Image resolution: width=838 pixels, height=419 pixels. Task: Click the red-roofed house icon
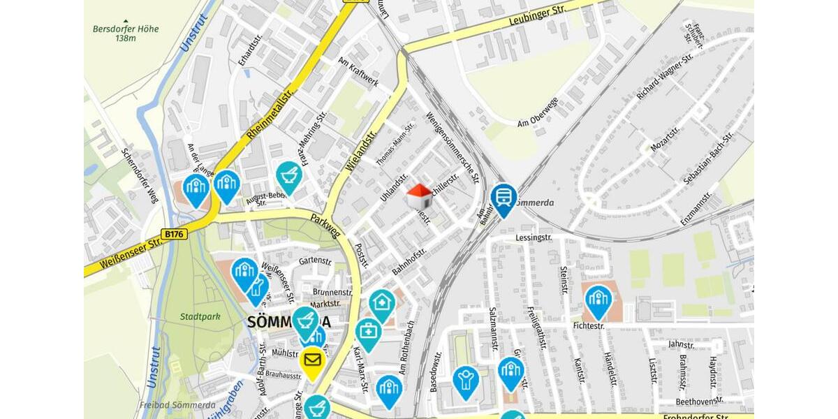tap(419, 196)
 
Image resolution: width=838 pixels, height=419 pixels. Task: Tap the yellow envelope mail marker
tap(312, 361)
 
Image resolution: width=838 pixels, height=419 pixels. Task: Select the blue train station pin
tap(503, 197)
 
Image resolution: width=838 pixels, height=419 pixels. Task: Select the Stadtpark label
tap(200, 316)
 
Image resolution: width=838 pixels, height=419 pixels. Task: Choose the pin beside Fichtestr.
tap(598, 300)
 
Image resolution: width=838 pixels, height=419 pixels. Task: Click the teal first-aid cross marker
tap(368, 332)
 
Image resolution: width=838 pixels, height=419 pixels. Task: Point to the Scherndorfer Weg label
tap(140, 175)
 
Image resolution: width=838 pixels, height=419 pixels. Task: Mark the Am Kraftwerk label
tap(358, 73)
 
